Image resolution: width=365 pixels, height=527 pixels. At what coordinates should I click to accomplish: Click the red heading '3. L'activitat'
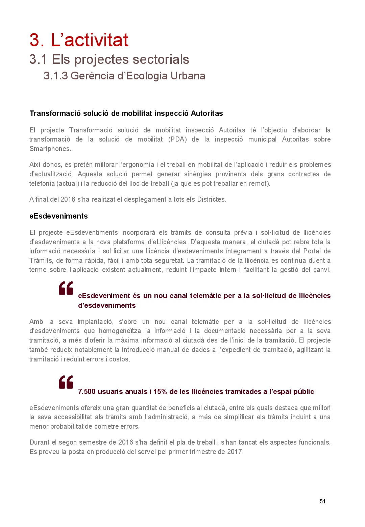point(79,40)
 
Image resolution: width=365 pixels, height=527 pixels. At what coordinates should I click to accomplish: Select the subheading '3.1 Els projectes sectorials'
point(109,59)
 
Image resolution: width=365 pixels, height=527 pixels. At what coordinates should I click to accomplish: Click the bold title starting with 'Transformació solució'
point(126,114)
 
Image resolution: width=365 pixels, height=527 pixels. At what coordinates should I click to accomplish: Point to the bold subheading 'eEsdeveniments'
point(58,216)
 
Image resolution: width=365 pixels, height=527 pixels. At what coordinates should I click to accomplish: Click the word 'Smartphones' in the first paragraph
point(50,149)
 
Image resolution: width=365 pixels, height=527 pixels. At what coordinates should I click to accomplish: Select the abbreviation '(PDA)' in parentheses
point(177,140)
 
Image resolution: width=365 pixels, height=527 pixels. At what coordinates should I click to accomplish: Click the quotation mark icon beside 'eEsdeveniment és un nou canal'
point(66,288)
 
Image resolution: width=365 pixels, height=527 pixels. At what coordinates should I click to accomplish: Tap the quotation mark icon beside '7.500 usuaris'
point(66,382)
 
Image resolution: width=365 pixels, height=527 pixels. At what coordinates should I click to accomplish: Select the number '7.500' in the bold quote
point(87,392)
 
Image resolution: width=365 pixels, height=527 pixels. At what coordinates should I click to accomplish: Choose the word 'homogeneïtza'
point(120,331)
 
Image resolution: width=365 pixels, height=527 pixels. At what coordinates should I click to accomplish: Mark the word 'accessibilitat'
point(73,417)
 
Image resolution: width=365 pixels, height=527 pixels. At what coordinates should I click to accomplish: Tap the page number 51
point(322,501)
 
